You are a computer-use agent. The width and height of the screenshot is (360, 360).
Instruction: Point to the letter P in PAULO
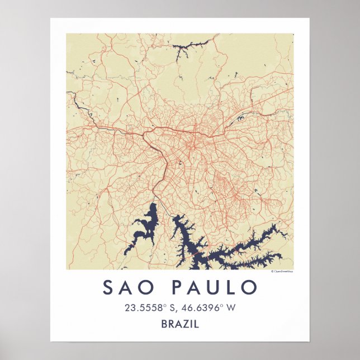coord(177,288)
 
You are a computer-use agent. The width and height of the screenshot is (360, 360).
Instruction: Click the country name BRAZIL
coord(179,323)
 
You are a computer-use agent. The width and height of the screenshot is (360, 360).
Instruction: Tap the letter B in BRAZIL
coord(164,323)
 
